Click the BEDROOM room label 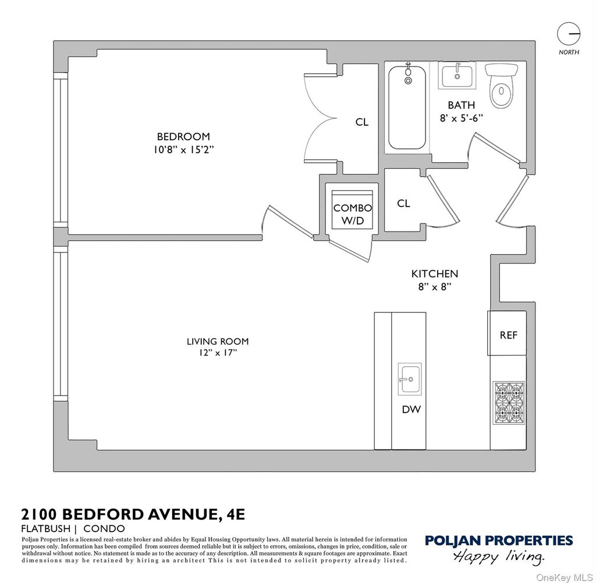tap(183, 137)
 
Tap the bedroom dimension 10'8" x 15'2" tap(183, 150)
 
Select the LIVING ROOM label tap(218, 341)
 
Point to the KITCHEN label tap(434, 273)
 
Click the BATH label tap(461, 105)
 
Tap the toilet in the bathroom tap(502, 86)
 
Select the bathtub tap(407, 107)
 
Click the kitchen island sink tap(410, 379)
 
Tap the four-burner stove tap(509, 403)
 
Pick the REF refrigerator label tap(509, 335)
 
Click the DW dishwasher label tap(411, 409)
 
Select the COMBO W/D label tap(352, 214)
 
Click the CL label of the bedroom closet tap(362, 122)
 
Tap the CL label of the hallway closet tap(403, 204)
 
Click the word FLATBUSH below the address tap(46, 529)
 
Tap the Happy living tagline tap(499, 557)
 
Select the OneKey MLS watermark tap(564, 578)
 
